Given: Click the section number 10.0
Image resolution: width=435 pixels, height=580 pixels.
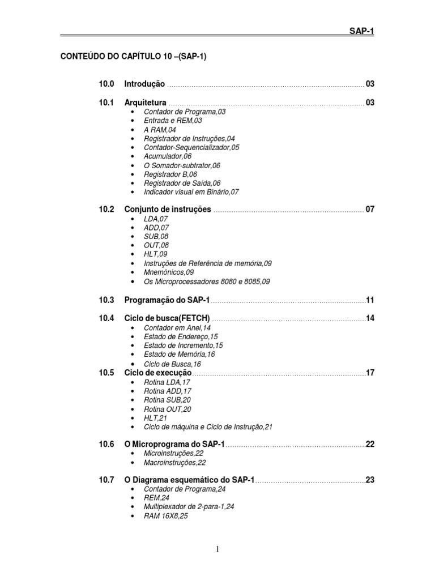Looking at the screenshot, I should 106,84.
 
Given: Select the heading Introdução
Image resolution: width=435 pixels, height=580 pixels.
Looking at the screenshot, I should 144,84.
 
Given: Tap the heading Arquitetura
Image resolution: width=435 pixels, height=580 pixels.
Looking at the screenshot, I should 145,103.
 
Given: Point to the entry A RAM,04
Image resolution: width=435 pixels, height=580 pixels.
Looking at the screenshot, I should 160,130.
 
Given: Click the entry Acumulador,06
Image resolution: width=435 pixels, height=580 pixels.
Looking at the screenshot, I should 168,156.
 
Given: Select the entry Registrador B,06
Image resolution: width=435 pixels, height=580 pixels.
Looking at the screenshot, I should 170,174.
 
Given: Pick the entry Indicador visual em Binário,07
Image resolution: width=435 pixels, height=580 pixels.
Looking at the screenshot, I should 191,192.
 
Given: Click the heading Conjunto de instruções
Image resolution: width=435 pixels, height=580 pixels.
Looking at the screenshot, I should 168,210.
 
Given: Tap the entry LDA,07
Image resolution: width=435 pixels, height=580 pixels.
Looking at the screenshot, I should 156,219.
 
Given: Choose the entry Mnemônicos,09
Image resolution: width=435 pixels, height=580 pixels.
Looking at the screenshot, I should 169,272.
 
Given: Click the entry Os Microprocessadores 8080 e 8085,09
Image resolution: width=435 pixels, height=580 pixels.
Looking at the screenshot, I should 207,282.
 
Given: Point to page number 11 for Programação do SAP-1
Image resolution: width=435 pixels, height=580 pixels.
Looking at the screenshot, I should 370,300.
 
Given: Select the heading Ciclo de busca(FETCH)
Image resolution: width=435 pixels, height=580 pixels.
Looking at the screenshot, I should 167,318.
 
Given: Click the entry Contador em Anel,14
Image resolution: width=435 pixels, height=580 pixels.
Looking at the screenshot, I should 177,328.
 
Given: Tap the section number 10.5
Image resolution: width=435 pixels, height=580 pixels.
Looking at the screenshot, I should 106,373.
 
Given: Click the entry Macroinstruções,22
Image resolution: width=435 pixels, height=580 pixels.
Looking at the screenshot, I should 174,463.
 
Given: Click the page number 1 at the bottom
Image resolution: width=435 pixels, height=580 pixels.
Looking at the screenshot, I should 217,549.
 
